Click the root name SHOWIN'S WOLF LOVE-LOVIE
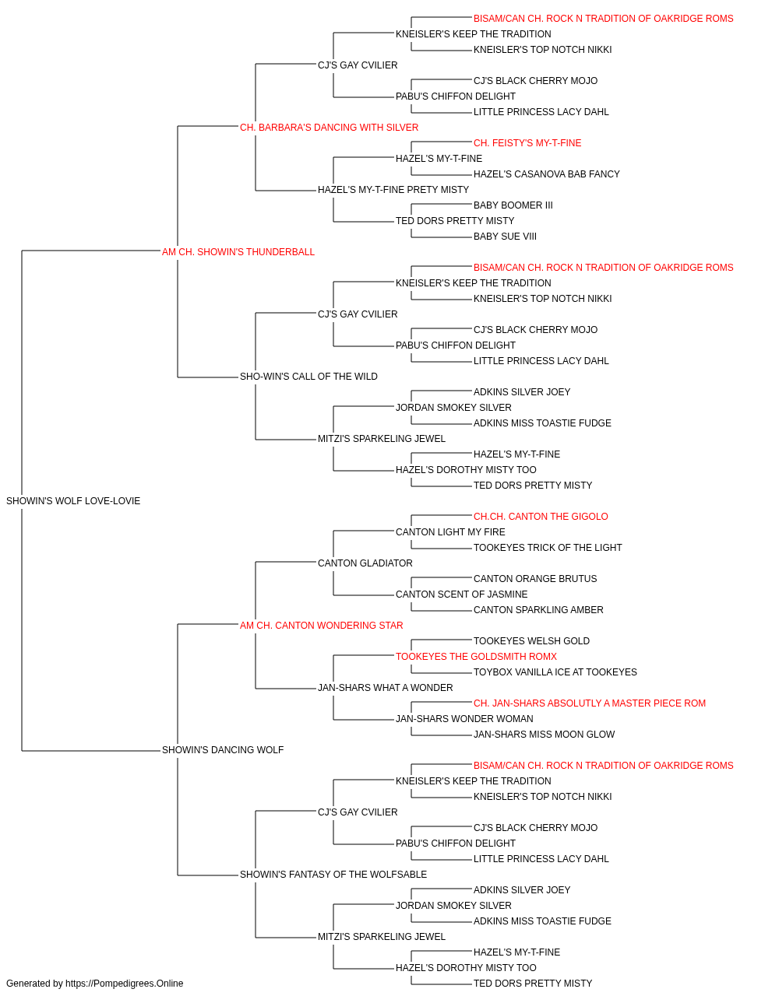(x=73, y=501)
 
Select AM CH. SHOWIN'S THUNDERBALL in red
(x=238, y=252)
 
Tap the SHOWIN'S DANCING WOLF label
(x=223, y=750)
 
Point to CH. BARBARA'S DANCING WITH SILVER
(x=329, y=128)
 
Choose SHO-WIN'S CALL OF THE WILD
(x=308, y=377)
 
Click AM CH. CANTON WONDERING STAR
(x=321, y=625)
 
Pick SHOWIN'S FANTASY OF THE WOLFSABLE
(x=333, y=874)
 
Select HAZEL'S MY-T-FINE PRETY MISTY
(x=393, y=190)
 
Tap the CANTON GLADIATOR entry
(x=365, y=563)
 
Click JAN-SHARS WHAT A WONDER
(x=386, y=688)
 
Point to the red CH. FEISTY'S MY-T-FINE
(x=527, y=143)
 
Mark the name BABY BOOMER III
(x=513, y=205)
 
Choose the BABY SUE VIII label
(x=505, y=237)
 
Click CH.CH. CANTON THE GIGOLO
(x=541, y=517)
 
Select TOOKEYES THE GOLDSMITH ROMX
(x=476, y=657)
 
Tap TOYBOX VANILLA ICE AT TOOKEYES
(x=555, y=672)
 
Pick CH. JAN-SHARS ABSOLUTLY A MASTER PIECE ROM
(x=590, y=703)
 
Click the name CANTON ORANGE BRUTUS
(x=535, y=578)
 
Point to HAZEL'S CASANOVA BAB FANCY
(x=546, y=174)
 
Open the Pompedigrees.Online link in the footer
(x=125, y=984)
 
